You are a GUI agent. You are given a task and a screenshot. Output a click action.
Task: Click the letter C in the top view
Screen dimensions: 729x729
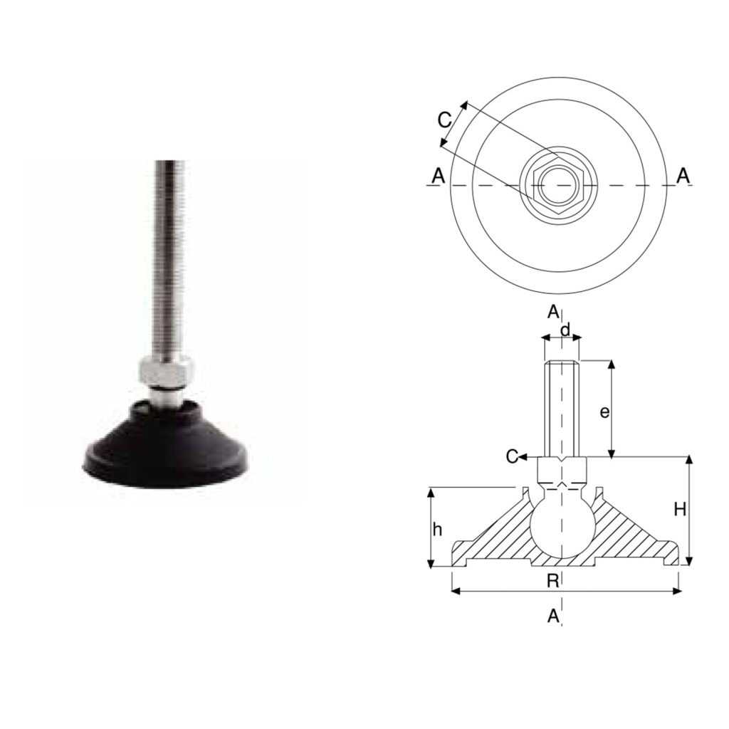point(444,120)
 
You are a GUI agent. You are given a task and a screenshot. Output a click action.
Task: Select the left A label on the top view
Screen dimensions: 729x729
point(439,177)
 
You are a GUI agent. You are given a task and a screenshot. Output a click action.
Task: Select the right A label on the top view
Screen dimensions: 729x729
point(683,176)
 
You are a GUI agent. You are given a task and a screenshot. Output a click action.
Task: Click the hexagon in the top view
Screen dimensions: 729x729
point(559,186)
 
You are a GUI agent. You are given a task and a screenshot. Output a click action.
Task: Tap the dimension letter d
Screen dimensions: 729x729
point(565,330)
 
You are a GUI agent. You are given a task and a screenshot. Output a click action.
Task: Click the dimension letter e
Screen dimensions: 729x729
point(604,412)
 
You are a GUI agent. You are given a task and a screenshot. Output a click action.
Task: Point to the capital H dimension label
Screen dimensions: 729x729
point(680,510)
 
